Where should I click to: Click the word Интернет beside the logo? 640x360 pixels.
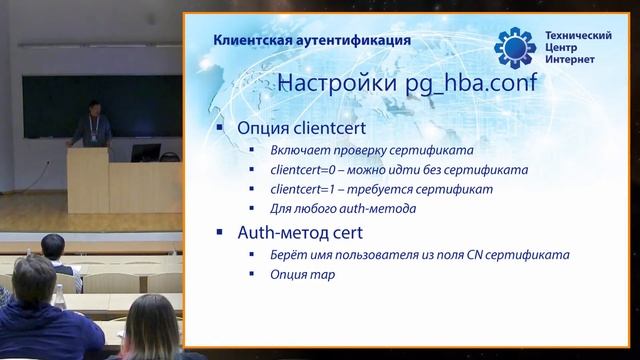pos(571,61)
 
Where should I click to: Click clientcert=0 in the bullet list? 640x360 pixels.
pos(299,169)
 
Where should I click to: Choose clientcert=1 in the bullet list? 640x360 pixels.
pos(299,189)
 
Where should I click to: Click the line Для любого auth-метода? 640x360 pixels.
pos(331,209)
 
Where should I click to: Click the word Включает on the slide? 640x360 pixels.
pos(298,149)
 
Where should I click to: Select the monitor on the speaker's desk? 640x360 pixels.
pos(146,153)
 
